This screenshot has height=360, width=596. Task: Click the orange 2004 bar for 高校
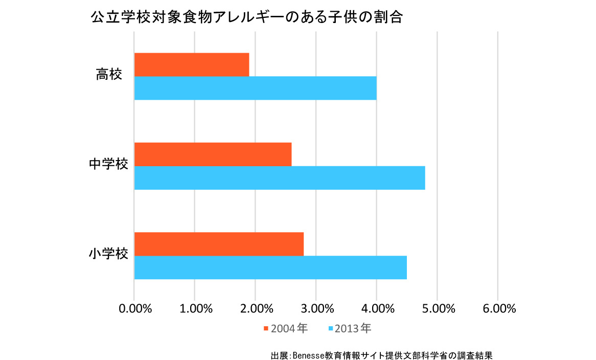pyautogui.click(x=192, y=64)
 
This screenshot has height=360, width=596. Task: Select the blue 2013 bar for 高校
pyautogui.click(x=255, y=88)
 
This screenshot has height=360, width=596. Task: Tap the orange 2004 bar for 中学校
pyautogui.click(x=213, y=154)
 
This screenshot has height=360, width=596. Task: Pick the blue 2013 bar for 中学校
pyautogui.click(x=280, y=178)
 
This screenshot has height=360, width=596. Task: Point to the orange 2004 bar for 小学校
pyautogui.click(x=219, y=244)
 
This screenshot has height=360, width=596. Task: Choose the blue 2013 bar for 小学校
pyautogui.click(x=270, y=267)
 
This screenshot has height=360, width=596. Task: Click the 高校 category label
pyautogui.click(x=109, y=75)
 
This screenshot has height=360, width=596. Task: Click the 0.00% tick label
pyautogui.click(x=134, y=309)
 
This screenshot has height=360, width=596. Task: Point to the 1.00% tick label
pyautogui.click(x=195, y=309)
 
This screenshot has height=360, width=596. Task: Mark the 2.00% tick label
pyautogui.click(x=256, y=309)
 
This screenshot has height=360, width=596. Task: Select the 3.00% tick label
pyautogui.click(x=316, y=309)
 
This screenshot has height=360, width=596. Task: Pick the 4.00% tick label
pyautogui.click(x=377, y=309)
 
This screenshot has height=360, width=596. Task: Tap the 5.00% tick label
pyautogui.click(x=437, y=309)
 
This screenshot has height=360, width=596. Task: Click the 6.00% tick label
pyautogui.click(x=498, y=309)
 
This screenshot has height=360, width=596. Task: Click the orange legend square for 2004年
pyautogui.click(x=266, y=328)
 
